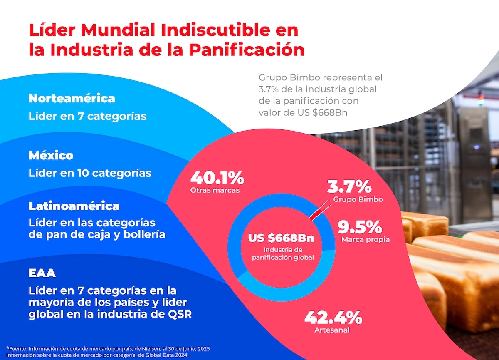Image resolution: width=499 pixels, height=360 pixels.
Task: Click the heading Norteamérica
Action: (x=72, y=99)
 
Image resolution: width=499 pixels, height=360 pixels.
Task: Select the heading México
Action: (x=51, y=156)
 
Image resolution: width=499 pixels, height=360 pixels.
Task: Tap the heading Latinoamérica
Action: (x=74, y=206)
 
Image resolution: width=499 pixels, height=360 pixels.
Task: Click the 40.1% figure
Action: (x=217, y=178)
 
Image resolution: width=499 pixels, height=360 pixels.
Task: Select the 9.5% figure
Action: (x=359, y=227)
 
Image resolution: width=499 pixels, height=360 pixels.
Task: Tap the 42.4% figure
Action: (x=333, y=318)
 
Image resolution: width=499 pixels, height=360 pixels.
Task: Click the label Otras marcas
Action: (x=215, y=190)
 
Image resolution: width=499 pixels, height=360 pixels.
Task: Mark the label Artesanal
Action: (x=332, y=330)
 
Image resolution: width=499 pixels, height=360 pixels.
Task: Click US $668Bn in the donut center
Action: (x=281, y=238)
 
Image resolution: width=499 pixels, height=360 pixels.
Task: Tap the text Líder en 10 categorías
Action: (x=90, y=173)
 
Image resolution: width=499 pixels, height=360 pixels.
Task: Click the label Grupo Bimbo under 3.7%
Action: (x=358, y=199)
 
